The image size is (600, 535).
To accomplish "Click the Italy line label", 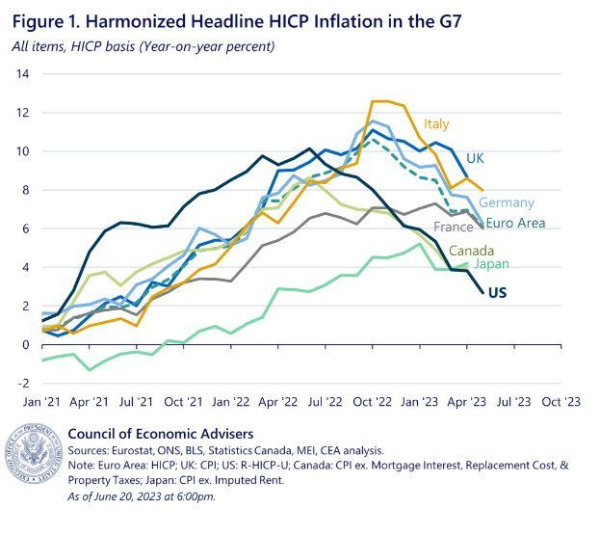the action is click(436, 124).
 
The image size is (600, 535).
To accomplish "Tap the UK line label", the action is click(475, 158).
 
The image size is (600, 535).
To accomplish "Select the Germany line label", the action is click(507, 202).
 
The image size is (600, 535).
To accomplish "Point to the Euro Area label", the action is click(515, 223).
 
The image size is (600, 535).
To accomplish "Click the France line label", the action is click(454, 227).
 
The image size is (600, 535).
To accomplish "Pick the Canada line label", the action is click(471, 251).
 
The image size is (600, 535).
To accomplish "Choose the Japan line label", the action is click(492, 264).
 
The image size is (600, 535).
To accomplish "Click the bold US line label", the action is click(498, 293).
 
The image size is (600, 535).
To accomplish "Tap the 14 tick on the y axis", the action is click(22, 73).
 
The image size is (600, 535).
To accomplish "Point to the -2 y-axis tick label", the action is click(22, 383).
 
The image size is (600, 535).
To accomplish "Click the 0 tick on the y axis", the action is click(26, 345).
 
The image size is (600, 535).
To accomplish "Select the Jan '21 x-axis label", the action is click(41, 402).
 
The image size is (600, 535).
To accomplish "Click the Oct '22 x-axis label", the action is click(373, 402).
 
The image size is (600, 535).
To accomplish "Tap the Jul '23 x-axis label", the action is click(514, 402).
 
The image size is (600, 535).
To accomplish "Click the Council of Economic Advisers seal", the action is click(34, 453).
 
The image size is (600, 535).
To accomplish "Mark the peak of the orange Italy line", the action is click(373, 101).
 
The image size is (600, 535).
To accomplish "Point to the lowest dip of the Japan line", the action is click(90, 369).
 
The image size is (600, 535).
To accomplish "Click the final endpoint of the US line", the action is click(483, 293).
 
